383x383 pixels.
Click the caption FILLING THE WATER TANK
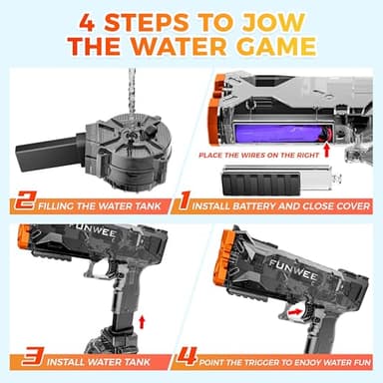click(x=101, y=206)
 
